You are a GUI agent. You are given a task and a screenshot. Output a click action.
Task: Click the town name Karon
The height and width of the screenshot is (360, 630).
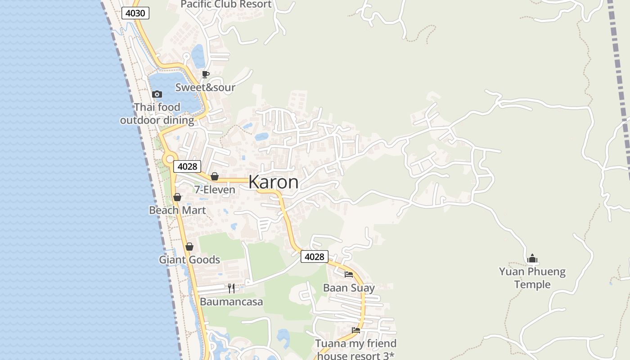(x=273, y=182)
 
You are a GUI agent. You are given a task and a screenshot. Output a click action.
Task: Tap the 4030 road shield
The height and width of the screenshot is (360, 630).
(x=135, y=13)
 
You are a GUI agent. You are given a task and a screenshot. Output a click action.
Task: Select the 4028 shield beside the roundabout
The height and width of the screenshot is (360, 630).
(x=187, y=166)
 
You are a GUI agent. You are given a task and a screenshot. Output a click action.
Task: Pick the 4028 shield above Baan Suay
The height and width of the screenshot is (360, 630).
(x=314, y=256)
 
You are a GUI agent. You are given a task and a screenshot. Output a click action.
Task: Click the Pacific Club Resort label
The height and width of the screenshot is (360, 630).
(x=226, y=4)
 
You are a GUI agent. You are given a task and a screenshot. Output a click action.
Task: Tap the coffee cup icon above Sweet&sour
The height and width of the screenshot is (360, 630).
(x=206, y=74)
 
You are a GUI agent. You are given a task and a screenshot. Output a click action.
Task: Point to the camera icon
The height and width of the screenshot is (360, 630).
(x=157, y=94)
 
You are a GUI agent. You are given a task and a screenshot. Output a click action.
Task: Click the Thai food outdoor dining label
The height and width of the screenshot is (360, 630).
(x=157, y=114)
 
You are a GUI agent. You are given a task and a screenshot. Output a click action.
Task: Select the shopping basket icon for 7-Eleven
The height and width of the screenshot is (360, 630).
(x=215, y=176)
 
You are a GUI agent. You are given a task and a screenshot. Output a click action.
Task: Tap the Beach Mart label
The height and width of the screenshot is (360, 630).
(x=177, y=210)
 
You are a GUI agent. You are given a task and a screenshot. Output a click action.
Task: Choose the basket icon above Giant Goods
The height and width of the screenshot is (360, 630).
(x=189, y=247)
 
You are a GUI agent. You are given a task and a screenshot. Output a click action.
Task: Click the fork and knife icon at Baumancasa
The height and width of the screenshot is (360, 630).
(x=231, y=288)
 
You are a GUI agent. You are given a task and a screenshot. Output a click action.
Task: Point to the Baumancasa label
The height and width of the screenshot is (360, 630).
(x=231, y=301)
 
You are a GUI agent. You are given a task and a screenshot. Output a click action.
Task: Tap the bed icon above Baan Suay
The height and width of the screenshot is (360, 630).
(x=349, y=274)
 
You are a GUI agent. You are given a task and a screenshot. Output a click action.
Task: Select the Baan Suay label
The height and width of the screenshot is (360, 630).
(x=349, y=288)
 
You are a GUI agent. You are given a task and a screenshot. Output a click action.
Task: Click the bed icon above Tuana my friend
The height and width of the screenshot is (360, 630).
(x=356, y=330)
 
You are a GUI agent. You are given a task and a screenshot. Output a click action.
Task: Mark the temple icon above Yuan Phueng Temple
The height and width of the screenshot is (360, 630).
(x=532, y=258)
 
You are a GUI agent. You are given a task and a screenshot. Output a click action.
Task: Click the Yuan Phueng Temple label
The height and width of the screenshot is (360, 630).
(x=532, y=278)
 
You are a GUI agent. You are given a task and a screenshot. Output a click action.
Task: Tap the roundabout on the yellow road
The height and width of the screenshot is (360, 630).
(x=169, y=158)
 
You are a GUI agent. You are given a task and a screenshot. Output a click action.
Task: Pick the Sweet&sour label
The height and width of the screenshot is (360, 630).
(x=205, y=87)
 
